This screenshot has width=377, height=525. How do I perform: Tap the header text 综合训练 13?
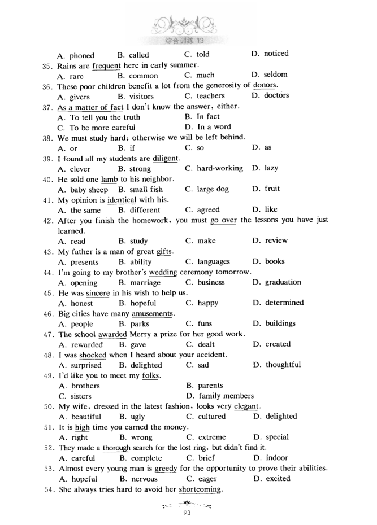(x=188, y=42)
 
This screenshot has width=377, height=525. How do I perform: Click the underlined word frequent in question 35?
(x=107, y=65)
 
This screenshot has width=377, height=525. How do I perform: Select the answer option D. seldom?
(x=270, y=75)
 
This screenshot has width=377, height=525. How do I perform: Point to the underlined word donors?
(x=265, y=85)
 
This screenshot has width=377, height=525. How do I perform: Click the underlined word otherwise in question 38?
(x=148, y=137)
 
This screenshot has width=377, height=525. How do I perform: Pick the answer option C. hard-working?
(x=214, y=168)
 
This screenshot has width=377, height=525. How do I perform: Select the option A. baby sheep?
(x=83, y=190)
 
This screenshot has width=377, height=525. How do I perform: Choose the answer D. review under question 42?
(x=270, y=240)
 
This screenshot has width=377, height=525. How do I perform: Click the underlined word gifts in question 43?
(x=164, y=251)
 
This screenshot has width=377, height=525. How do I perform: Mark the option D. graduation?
(x=277, y=282)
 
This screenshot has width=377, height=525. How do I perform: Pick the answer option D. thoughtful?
(x=276, y=365)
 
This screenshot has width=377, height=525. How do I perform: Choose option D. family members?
(x=220, y=396)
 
